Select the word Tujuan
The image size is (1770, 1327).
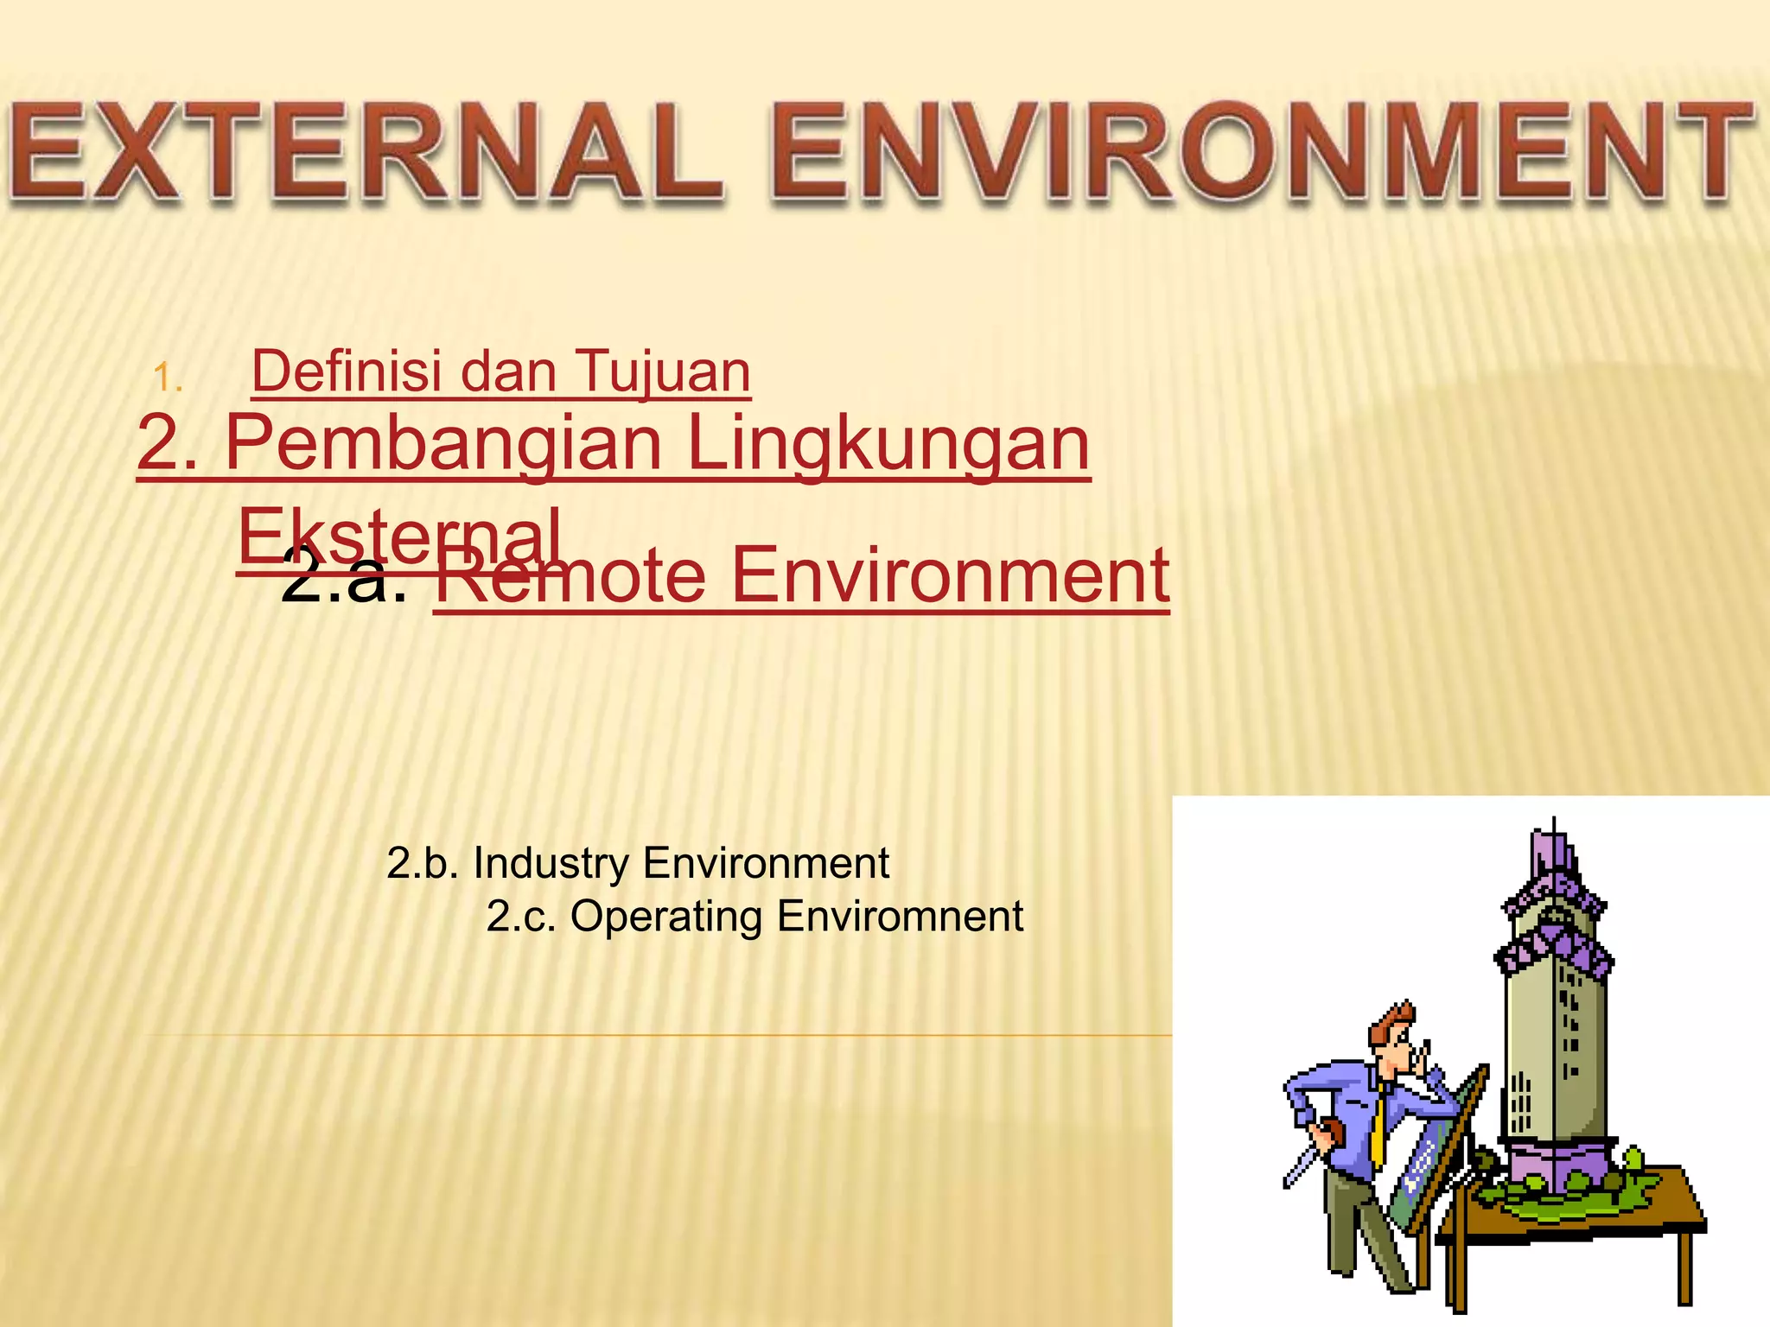(x=662, y=371)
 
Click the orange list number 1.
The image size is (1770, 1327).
(x=167, y=378)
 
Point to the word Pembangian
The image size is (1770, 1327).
(x=442, y=444)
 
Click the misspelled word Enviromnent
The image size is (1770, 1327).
(x=900, y=917)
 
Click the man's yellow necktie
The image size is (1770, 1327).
(x=1378, y=1123)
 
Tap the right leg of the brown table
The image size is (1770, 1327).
(x=1684, y=1266)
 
